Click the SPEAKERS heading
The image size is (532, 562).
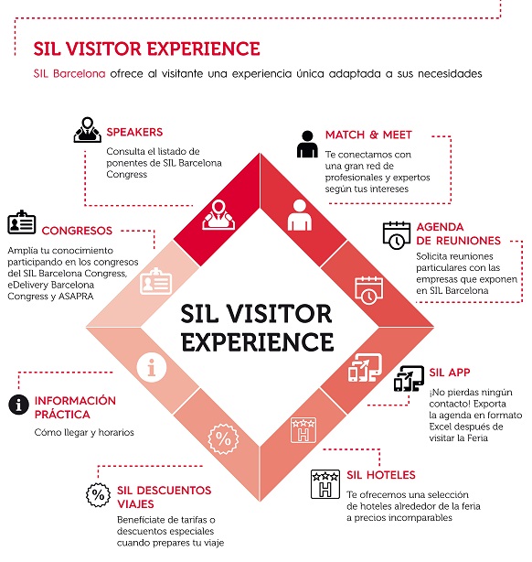pyautogui.click(x=134, y=132)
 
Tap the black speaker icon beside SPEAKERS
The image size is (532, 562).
pyautogui.click(x=88, y=130)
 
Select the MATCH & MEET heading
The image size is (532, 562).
pyautogui.click(x=368, y=135)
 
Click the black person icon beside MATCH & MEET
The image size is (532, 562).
pyautogui.click(x=307, y=144)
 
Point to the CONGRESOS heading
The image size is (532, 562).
pyautogui.click(x=77, y=231)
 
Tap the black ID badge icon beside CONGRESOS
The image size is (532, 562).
pyautogui.click(x=21, y=222)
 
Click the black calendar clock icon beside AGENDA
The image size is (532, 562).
pyautogui.click(x=397, y=235)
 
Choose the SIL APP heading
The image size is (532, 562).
pyautogui.click(x=450, y=373)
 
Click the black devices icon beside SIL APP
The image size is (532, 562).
pyautogui.click(x=409, y=379)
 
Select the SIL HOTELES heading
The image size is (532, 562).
pyautogui.click(x=381, y=475)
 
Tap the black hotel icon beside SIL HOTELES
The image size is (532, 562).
pyautogui.click(x=325, y=484)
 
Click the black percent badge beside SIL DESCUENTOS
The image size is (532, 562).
pyautogui.click(x=98, y=495)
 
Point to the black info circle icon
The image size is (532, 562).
pyautogui.click(x=18, y=405)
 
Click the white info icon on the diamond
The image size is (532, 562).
pyautogui.click(x=152, y=367)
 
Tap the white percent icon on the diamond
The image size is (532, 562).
pyautogui.click(x=223, y=439)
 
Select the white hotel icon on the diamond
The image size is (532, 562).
pyautogui.click(x=303, y=430)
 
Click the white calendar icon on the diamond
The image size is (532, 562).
pyautogui.click(x=368, y=291)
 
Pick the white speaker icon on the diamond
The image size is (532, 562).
pyautogui.click(x=218, y=215)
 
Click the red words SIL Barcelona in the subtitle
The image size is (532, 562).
pyautogui.click(x=69, y=73)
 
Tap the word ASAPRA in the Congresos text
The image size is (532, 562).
pyautogui.click(x=76, y=297)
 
